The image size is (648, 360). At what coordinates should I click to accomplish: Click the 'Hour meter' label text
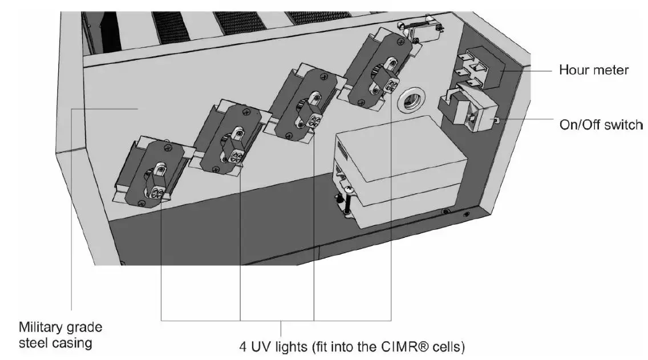click(593, 70)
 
